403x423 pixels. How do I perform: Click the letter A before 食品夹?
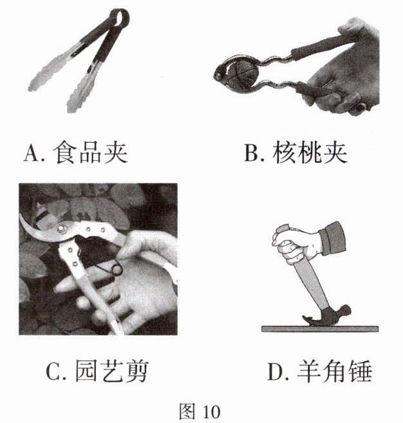(x=32, y=153)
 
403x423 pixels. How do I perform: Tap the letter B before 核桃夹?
(x=251, y=153)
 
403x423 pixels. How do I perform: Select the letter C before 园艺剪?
(x=54, y=371)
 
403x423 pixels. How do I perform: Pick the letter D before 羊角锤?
(x=276, y=371)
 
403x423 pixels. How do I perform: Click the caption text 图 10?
(x=200, y=411)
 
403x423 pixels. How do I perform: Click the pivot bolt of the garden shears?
(x=62, y=229)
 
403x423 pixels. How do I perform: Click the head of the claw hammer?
(x=328, y=315)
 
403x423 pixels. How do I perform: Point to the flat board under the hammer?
(x=320, y=329)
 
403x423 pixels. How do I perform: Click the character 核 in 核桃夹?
(x=283, y=153)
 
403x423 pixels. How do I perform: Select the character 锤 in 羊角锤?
(x=361, y=371)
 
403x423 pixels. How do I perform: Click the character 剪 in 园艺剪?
(x=138, y=371)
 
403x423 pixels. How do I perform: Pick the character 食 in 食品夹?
(x=64, y=153)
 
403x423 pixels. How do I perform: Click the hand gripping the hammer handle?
(x=294, y=244)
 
